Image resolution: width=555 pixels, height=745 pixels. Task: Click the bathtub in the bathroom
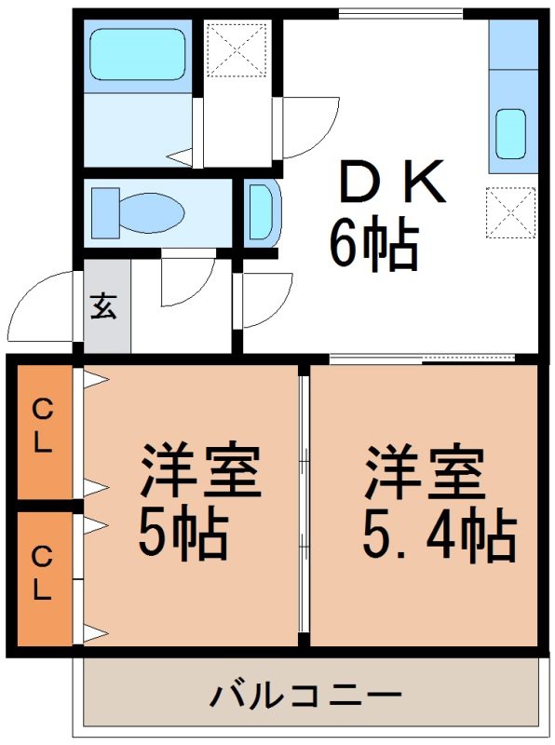click(x=137, y=54)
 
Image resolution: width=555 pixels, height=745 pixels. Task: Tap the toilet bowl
click(x=151, y=212)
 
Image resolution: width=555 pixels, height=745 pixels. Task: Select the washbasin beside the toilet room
click(x=263, y=212)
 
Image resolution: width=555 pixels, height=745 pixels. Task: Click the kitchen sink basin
click(x=511, y=134)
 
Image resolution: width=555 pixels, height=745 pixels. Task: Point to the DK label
click(x=393, y=181)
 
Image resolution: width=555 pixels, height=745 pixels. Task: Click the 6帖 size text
click(x=374, y=243)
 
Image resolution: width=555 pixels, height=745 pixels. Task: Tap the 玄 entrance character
click(x=103, y=305)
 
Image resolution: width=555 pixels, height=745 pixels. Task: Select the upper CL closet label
click(x=42, y=426)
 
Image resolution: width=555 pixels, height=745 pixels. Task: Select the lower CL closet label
click(x=42, y=573)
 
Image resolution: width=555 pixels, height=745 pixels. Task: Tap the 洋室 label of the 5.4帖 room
click(x=425, y=469)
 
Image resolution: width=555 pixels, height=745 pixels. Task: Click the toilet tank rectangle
click(x=105, y=212)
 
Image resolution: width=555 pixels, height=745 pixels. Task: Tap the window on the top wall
click(x=401, y=14)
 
